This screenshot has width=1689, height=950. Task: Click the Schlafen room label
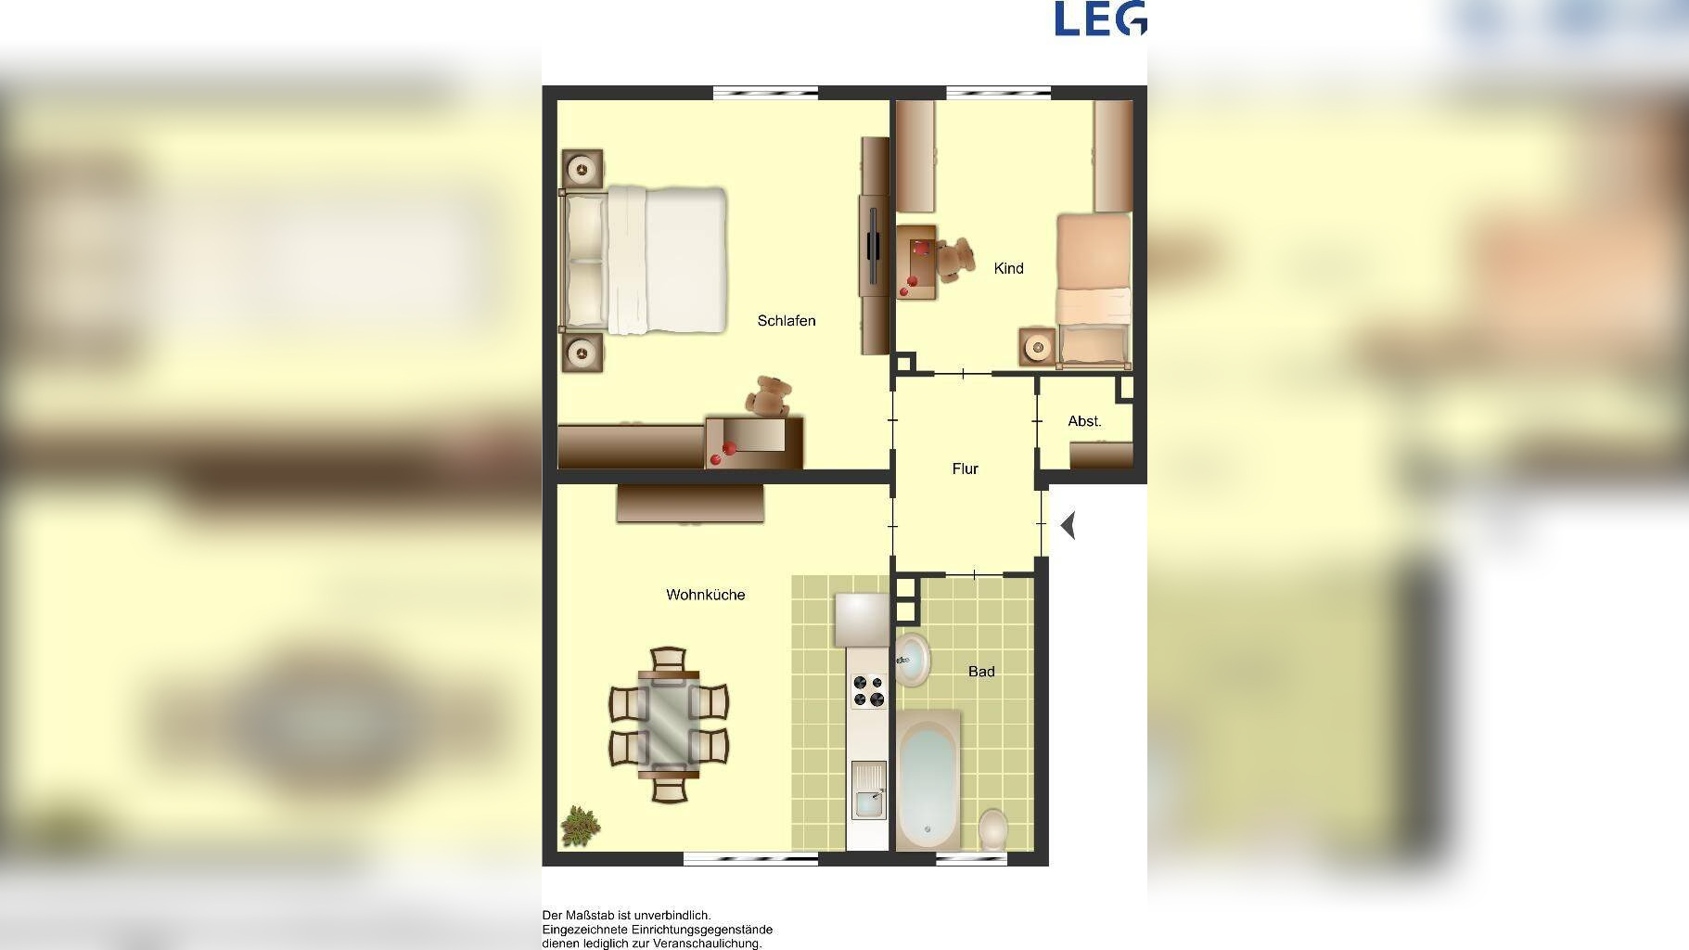(x=787, y=321)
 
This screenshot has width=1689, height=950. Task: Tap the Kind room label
(x=1008, y=268)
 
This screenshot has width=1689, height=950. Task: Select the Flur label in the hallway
(x=965, y=469)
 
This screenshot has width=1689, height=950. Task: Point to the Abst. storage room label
(x=1084, y=421)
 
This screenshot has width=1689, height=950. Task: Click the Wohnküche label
(x=705, y=595)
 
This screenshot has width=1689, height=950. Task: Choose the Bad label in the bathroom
(x=981, y=672)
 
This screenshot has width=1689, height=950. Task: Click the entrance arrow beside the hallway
(x=1068, y=526)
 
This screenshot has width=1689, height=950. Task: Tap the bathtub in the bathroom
(x=928, y=779)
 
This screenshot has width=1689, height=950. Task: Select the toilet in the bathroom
(x=993, y=828)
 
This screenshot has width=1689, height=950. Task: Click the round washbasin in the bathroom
(x=913, y=659)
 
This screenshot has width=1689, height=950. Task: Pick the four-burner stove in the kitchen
(x=869, y=690)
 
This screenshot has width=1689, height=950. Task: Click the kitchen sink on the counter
(x=868, y=790)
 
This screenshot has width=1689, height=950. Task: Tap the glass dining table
(x=669, y=725)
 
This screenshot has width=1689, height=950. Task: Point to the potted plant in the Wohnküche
(x=580, y=826)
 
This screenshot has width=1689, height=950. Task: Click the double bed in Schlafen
(x=642, y=261)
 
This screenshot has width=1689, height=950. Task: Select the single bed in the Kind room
(x=1094, y=289)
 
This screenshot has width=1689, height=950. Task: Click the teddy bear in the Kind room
(x=954, y=259)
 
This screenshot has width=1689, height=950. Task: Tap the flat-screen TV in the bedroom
(x=873, y=246)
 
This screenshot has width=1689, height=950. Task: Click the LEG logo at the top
(x=1100, y=19)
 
